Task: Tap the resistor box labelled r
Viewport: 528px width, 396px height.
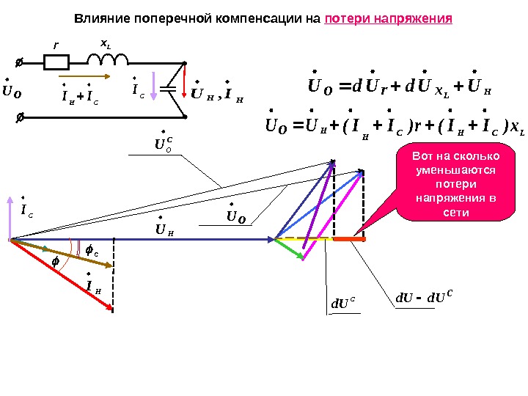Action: point(56,63)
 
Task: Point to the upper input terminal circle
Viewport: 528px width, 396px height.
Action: point(20,63)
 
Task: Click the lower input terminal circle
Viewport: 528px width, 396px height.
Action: point(20,115)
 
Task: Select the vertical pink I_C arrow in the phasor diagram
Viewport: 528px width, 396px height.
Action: point(10,216)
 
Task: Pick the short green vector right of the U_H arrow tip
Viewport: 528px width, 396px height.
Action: point(290,249)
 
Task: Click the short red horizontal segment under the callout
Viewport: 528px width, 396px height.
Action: point(349,239)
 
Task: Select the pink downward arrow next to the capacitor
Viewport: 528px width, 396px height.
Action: point(153,88)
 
